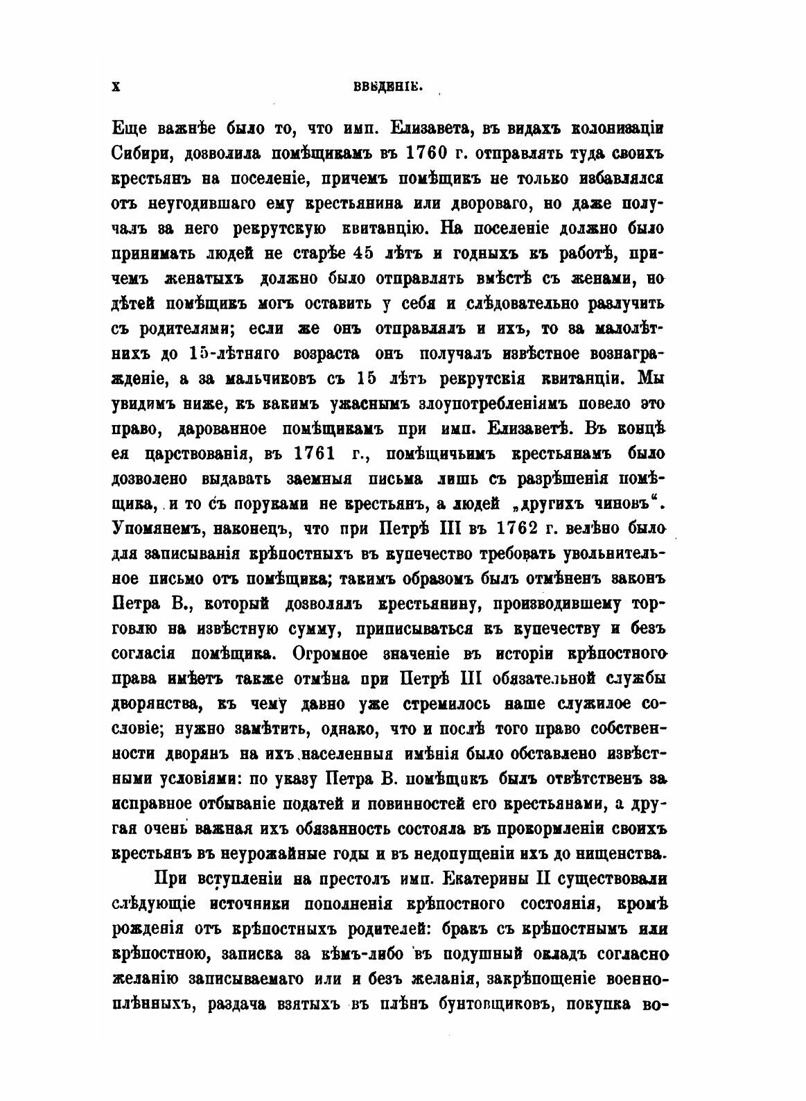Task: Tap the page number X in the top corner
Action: (x=116, y=86)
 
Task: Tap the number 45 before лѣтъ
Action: (x=367, y=253)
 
